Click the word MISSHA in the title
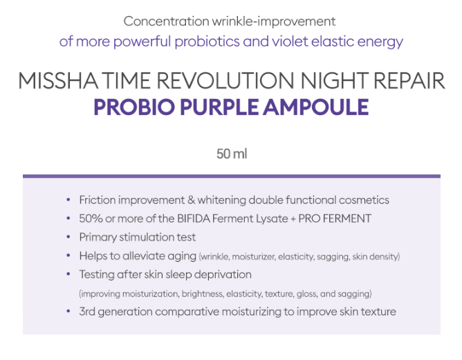[58, 80]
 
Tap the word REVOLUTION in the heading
[225, 80]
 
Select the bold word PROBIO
[134, 107]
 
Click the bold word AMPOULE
[316, 107]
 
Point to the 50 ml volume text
[232, 154]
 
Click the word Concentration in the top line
[167, 21]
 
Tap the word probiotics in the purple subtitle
[207, 42]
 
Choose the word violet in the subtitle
[290, 41]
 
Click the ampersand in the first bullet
[191, 200]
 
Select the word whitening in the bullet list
[222, 200]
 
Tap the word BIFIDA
[194, 219]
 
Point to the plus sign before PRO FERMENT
[293, 219]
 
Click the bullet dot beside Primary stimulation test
[68, 237]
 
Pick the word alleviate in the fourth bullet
[144, 255]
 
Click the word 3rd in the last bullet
[87, 312]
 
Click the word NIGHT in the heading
[334, 80]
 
